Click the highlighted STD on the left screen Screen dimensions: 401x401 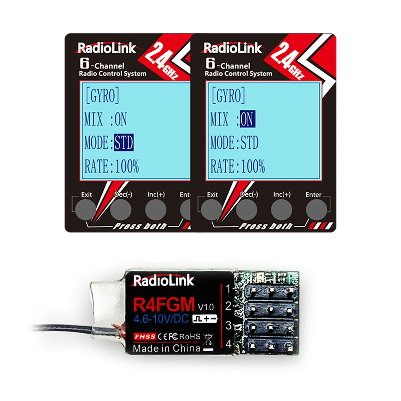[x=124, y=143]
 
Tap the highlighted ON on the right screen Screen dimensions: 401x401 [x=247, y=119]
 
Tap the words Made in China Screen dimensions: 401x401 [x=166, y=348]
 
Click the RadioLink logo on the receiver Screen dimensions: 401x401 [x=163, y=281]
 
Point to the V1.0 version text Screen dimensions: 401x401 [x=206, y=307]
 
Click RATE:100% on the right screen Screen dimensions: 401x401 [x=238, y=166]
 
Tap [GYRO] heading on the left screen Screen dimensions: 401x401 [x=102, y=97]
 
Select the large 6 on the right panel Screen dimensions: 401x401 [x=209, y=63]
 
